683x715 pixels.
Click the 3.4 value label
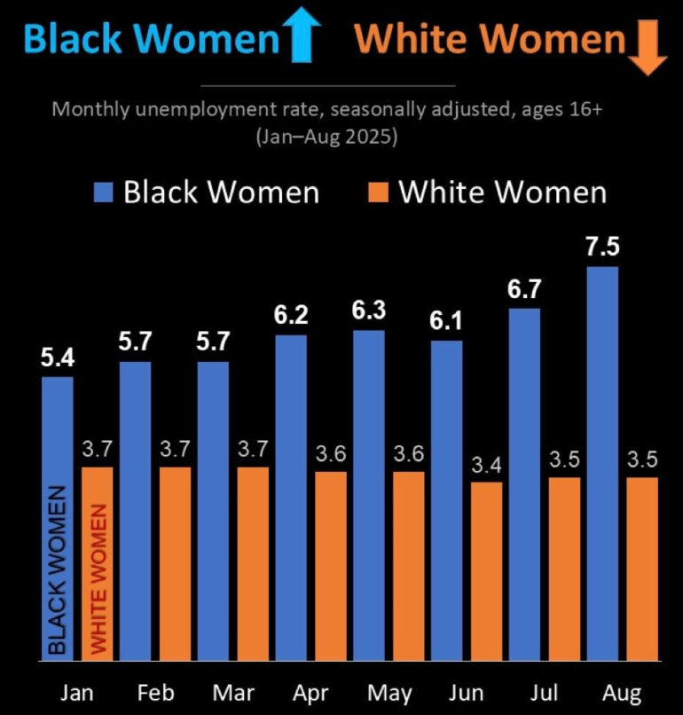click(x=486, y=464)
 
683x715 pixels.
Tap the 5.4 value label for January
click(x=58, y=358)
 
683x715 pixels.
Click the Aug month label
click(x=624, y=693)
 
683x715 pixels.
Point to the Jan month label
click(x=77, y=693)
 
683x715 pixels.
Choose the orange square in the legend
click(x=377, y=192)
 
